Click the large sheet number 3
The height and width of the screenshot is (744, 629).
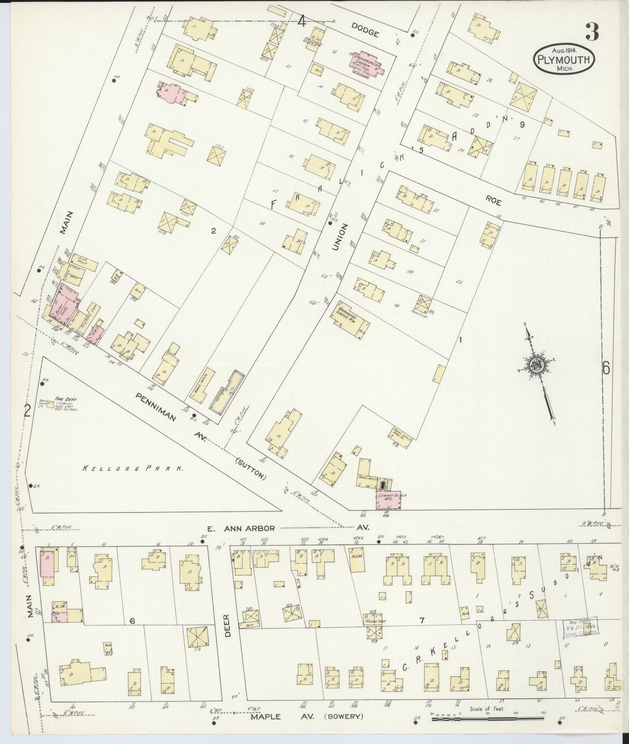click(592, 31)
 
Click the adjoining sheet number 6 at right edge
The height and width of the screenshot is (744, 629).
click(605, 369)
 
